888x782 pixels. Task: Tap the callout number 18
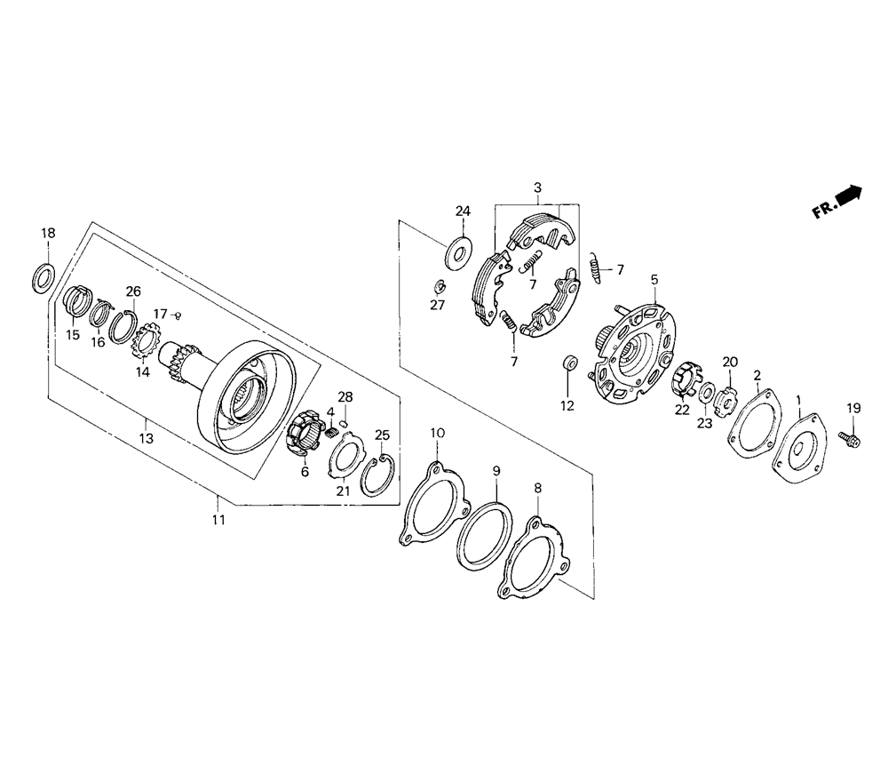[48, 233]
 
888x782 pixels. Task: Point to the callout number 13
[147, 438]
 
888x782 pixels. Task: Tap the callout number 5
[654, 279]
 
